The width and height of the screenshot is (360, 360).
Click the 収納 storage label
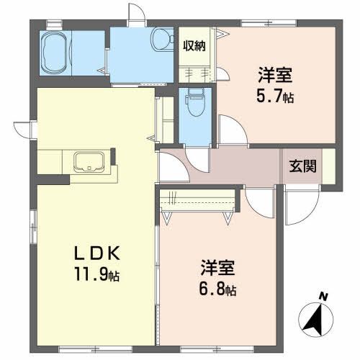tap(194, 46)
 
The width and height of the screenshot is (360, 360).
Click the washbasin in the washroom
tap(162, 37)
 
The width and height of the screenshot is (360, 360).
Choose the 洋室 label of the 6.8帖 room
tap(217, 270)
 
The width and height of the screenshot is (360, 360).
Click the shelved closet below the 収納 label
tap(194, 73)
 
